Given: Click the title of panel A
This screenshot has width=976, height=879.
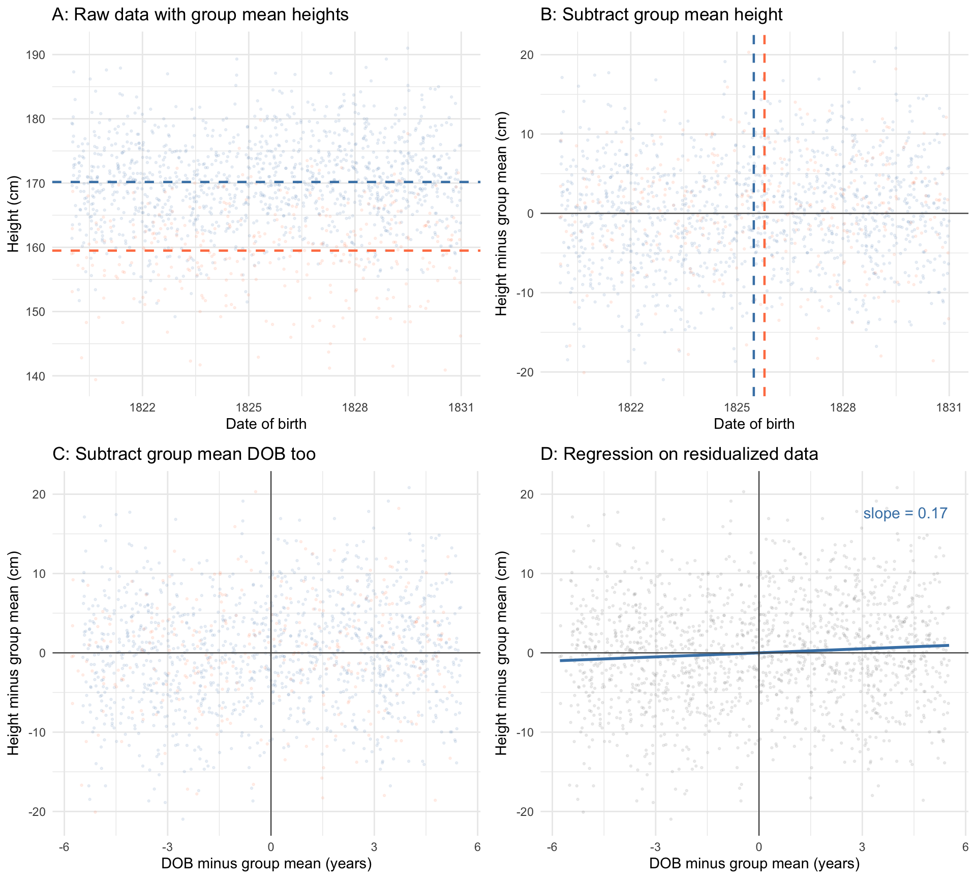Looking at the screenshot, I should point(200,14).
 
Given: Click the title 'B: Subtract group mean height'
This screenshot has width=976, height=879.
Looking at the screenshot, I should point(661,14).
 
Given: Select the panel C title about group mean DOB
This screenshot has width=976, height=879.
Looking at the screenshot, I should point(184,454).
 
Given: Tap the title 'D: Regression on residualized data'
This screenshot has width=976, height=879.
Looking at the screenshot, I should point(679,454).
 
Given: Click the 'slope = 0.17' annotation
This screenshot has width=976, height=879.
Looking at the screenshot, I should point(905,513).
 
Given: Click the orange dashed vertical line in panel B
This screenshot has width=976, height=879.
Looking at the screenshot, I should point(765,305).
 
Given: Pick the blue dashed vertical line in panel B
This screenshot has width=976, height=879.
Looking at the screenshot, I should point(753,305).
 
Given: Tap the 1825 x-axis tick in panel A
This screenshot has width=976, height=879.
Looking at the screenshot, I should point(249,407).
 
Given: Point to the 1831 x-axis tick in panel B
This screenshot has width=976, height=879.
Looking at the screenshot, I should point(949,407).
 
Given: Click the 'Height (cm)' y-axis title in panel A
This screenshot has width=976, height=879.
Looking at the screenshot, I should point(14,214).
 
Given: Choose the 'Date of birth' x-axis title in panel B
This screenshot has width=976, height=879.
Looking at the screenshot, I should point(754,424).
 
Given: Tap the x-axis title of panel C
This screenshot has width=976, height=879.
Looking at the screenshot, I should point(266,863).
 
